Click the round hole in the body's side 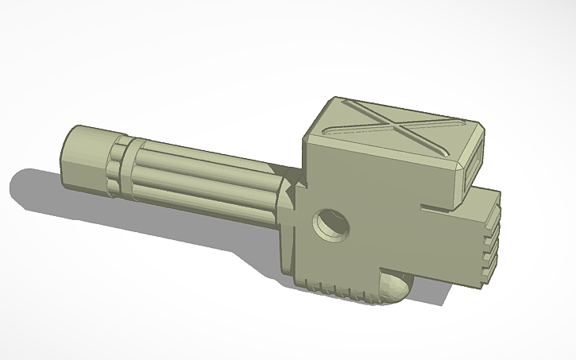click(330, 225)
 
